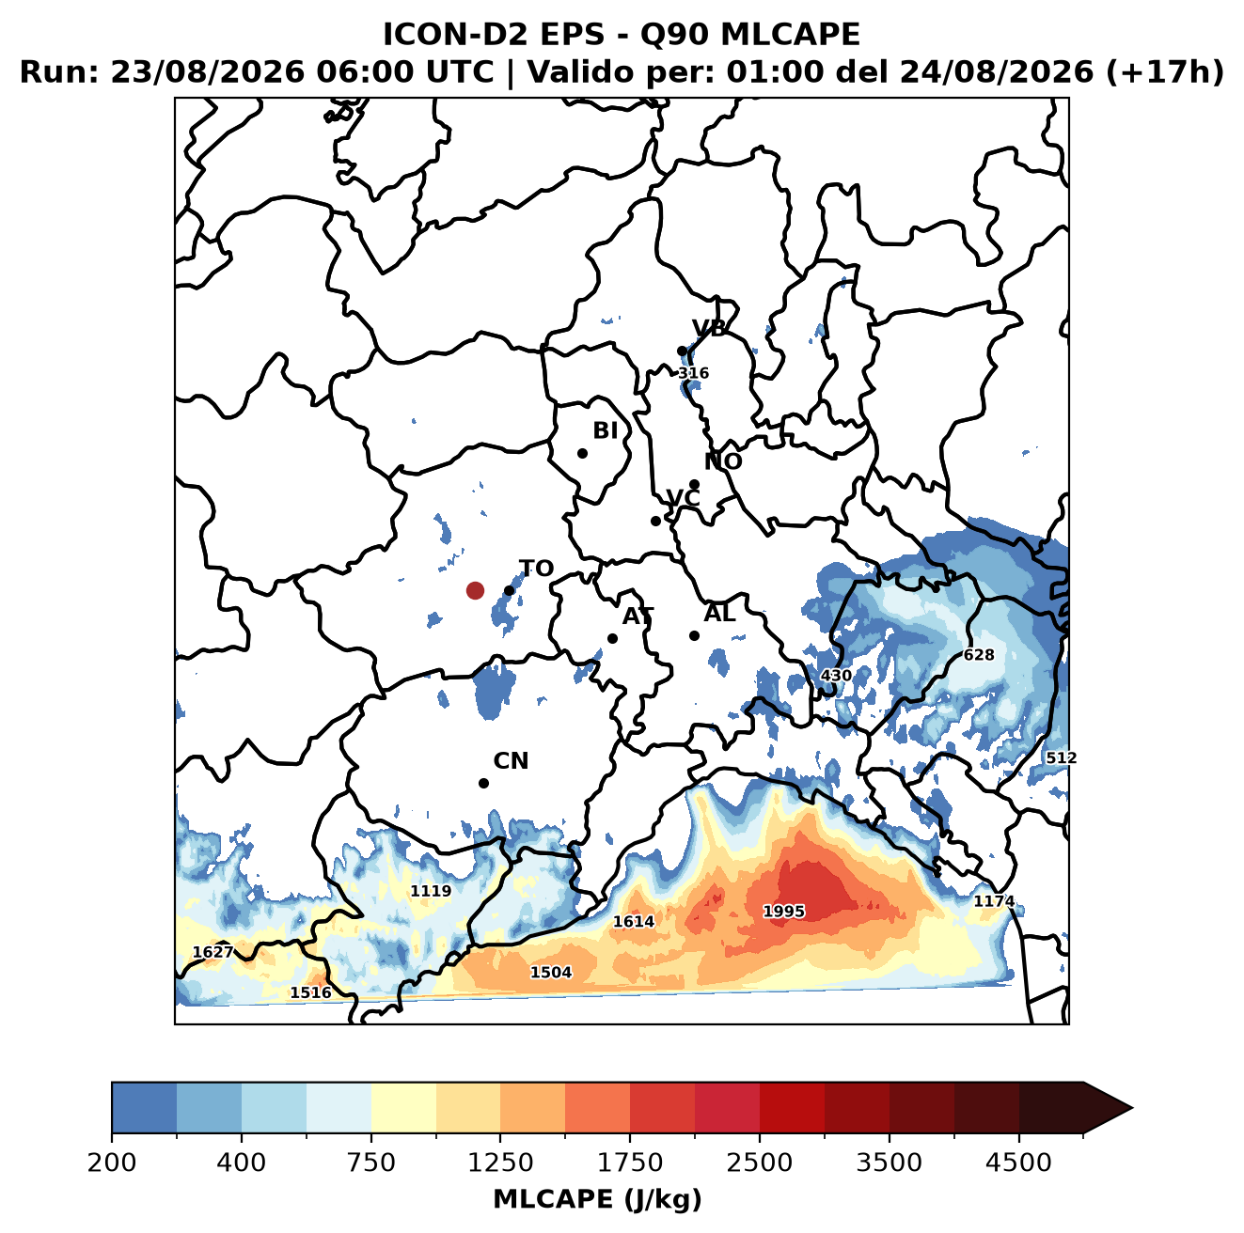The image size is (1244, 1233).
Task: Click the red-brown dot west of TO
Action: (x=475, y=590)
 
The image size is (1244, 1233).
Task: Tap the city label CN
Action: (x=511, y=761)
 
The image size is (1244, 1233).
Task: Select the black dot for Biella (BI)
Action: (x=582, y=453)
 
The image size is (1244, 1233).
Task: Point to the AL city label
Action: (x=719, y=613)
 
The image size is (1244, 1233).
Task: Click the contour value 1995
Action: (x=783, y=911)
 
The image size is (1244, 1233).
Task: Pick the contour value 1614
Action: (x=634, y=921)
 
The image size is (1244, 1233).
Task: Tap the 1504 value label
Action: (x=551, y=972)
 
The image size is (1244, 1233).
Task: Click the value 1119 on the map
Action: (x=431, y=891)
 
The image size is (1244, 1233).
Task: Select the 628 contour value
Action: (x=979, y=654)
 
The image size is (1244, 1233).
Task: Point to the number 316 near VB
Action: (x=693, y=373)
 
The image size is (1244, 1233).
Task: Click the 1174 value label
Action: (x=994, y=900)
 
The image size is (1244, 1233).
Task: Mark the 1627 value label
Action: (x=213, y=952)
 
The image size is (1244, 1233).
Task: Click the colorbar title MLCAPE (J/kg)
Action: (x=597, y=1199)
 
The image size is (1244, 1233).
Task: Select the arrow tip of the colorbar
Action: (x=1132, y=1108)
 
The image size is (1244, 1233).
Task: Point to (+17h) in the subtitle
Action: (x=1165, y=71)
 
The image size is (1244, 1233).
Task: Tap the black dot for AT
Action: (x=612, y=638)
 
